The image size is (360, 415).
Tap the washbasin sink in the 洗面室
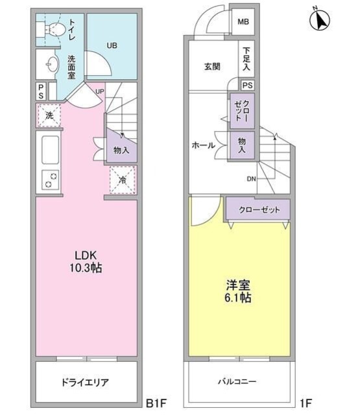[x=52, y=64]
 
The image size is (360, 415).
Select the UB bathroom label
[x=112, y=45]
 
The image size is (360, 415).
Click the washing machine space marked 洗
[x=49, y=115]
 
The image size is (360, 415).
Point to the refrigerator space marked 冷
[x=123, y=180]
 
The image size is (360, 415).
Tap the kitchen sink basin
[x=51, y=150]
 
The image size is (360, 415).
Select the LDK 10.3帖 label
[x=86, y=262]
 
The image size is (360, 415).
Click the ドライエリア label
[x=85, y=383]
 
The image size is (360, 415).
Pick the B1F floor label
[x=156, y=403]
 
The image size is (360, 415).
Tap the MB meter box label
[x=243, y=21]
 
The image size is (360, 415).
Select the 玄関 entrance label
[x=212, y=66]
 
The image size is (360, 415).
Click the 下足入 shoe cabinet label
[x=246, y=58]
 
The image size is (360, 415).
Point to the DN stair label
[x=252, y=179]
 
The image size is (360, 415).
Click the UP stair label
[x=100, y=91]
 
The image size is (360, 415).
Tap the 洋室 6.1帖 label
[x=238, y=291]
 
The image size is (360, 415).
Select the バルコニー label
[x=237, y=381]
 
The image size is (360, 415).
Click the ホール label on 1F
[x=203, y=145]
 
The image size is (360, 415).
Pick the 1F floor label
[x=306, y=403]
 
